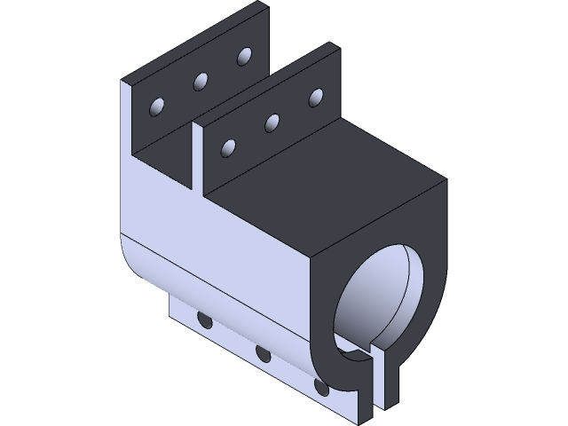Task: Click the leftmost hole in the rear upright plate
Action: [158, 107]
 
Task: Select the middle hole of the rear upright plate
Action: [201, 82]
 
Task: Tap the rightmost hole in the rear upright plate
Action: [243, 57]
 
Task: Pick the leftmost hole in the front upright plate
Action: [230, 146]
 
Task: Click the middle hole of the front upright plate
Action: [272, 122]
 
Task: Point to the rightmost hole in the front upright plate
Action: [315, 96]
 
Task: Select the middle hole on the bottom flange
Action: [263, 353]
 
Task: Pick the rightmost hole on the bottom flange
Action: [321, 387]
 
